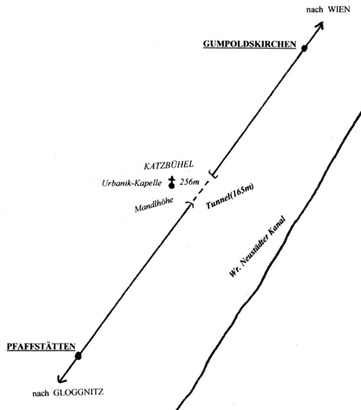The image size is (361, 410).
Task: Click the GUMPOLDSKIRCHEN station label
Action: (250, 44)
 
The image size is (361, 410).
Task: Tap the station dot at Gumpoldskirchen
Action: (304, 48)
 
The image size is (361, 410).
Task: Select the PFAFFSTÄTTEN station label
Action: (41, 346)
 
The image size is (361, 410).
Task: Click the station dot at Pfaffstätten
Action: (78, 356)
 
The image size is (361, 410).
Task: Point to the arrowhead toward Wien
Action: (321, 25)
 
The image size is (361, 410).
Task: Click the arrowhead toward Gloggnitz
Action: (61, 379)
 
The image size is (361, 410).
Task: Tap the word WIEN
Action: (339, 9)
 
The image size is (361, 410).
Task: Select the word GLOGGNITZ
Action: (78, 392)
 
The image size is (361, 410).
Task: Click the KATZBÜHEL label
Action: (169, 165)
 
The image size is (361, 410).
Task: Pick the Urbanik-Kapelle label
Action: (131, 183)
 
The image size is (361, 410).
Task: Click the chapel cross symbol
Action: (172, 182)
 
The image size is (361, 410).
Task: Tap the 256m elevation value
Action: (189, 181)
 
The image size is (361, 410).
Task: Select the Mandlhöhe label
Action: (154, 205)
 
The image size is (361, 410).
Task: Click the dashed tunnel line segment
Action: (201, 191)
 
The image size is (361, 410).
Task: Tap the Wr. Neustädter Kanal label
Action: (257, 247)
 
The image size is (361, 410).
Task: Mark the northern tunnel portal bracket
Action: (214, 174)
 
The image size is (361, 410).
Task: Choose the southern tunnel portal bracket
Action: (190, 204)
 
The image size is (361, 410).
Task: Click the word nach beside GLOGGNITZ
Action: (40, 393)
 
